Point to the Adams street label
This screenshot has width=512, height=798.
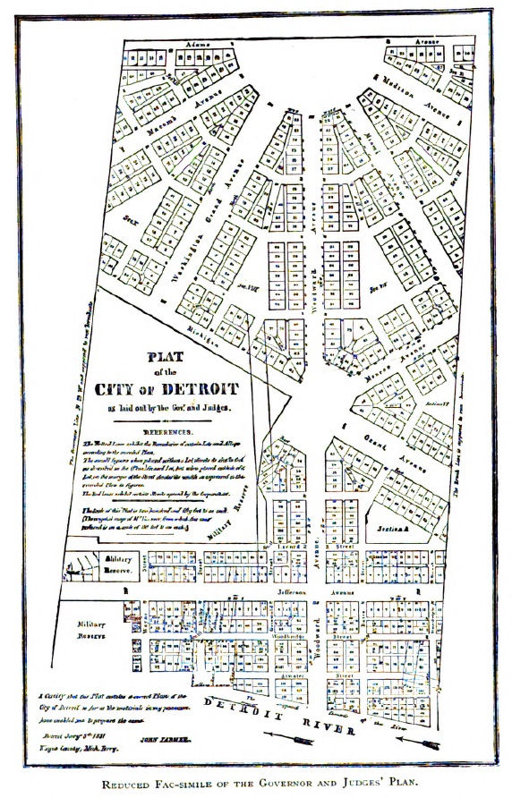tap(195, 42)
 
